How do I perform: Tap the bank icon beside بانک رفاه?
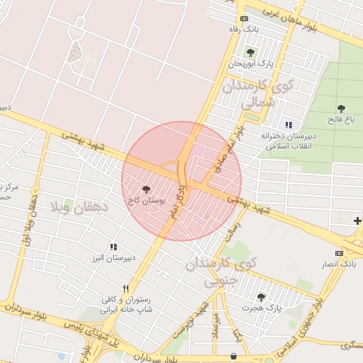tap(244, 19)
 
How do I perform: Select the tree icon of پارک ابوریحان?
tap(250, 52)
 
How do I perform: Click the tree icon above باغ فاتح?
tap(341, 108)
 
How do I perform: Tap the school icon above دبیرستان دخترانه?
tap(289, 125)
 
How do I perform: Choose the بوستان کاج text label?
tap(146, 201)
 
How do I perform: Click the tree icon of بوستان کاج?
tap(146, 190)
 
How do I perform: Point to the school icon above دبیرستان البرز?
tap(113, 247)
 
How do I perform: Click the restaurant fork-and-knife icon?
tap(125, 289)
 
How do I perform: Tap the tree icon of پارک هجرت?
tap(261, 297)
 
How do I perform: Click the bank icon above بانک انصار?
tap(339, 253)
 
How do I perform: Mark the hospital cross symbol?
tap(357, 222)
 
